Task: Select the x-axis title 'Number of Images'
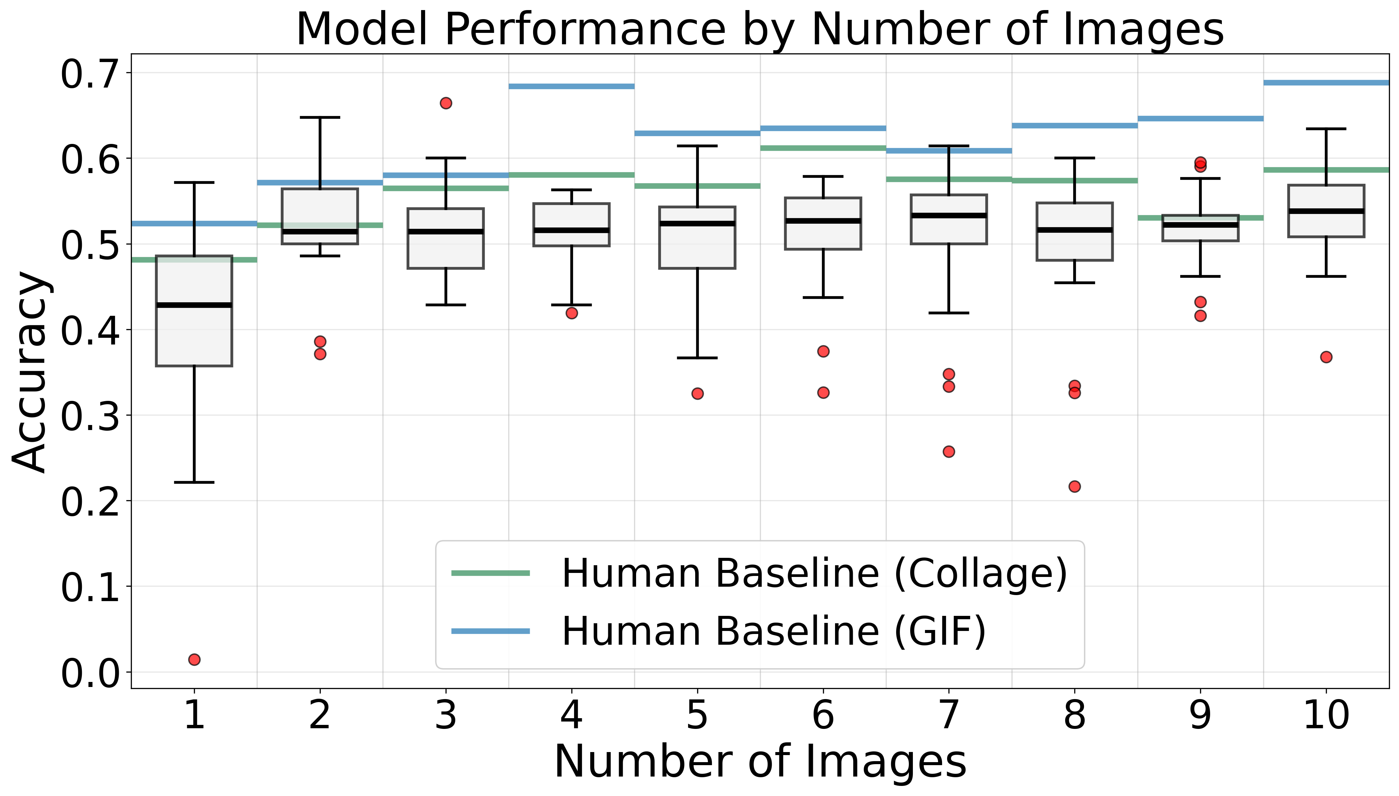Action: (760, 761)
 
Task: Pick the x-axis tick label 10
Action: (1326, 715)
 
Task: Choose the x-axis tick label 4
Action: (571, 715)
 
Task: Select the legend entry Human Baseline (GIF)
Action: (774, 631)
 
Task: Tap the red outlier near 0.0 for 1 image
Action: (194, 659)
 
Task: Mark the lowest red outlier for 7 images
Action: (949, 452)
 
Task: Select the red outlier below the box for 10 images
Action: (1326, 357)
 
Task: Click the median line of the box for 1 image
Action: (194, 305)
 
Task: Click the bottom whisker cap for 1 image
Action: (194, 482)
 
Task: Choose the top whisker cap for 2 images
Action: (320, 117)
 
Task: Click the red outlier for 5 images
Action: (697, 393)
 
